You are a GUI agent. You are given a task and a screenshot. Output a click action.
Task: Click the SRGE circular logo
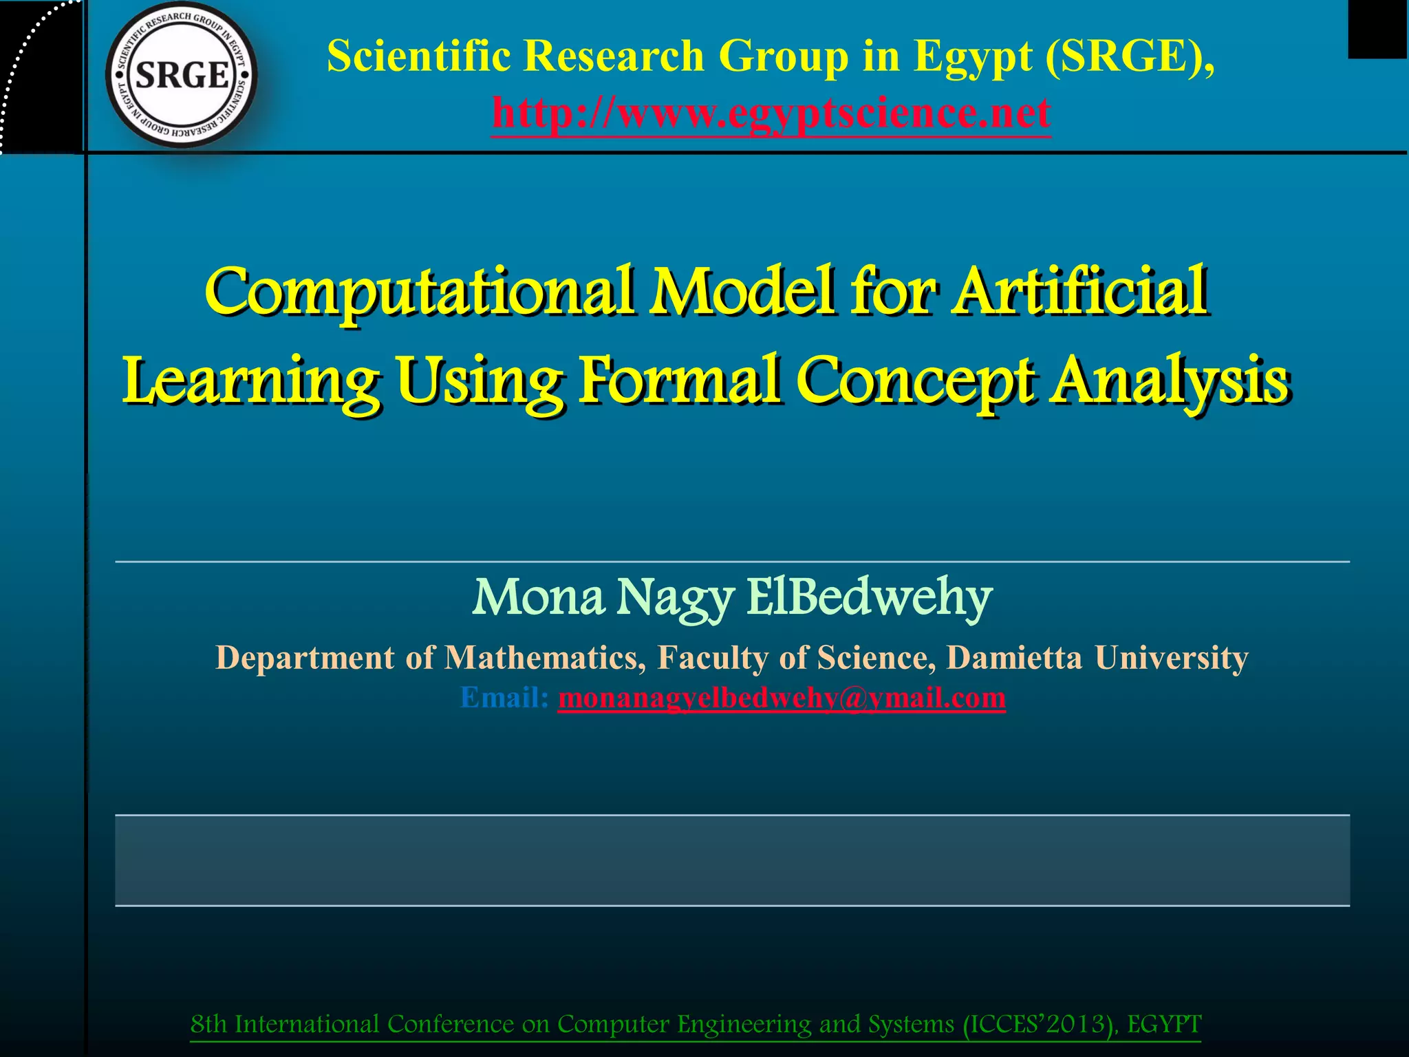coord(182,74)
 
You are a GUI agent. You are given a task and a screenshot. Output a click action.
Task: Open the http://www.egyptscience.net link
coord(771,112)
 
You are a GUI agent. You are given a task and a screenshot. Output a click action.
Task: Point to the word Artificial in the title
coord(1079,290)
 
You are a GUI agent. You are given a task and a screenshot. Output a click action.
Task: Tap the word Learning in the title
coord(250,381)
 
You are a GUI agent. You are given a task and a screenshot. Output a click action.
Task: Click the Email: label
coord(504,697)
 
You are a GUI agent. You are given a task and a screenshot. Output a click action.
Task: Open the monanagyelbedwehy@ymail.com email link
coord(782,697)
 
